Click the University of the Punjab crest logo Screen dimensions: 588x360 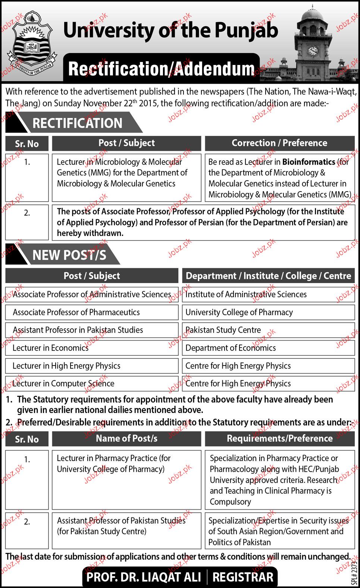click(x=33, y=44)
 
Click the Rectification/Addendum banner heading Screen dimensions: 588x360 click(x=162, y=69)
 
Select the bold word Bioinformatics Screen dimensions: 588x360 click(x=309, y=162)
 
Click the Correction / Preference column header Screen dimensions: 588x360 click(x=279, y=143)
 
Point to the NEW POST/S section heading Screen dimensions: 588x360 click(x=69, y=255)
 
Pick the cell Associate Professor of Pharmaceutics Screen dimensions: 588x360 click(x=92, y=312)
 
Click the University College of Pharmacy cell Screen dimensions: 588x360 click(x=268, y=312)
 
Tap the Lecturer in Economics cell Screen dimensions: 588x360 click(x=92, y=348)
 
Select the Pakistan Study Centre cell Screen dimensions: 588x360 click(x=268, y=330)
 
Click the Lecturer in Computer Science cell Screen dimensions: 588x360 click(x=92, y=383)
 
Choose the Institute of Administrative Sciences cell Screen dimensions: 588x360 click(x=268, y=294)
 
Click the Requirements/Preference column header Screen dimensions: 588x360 click(x=279, y=438)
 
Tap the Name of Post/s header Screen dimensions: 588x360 click(x=126, y=438)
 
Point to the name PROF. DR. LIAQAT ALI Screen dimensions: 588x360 click(x=144, y=577)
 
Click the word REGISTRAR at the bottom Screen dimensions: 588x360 click(x=243, y=577)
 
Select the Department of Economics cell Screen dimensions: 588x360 click(x=268, y=348)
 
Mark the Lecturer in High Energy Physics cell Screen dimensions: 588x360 click(x=92, y=366)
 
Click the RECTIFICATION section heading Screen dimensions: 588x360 click(x=77, y=123)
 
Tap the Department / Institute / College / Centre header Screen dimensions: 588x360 click(x=268, y=276)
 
